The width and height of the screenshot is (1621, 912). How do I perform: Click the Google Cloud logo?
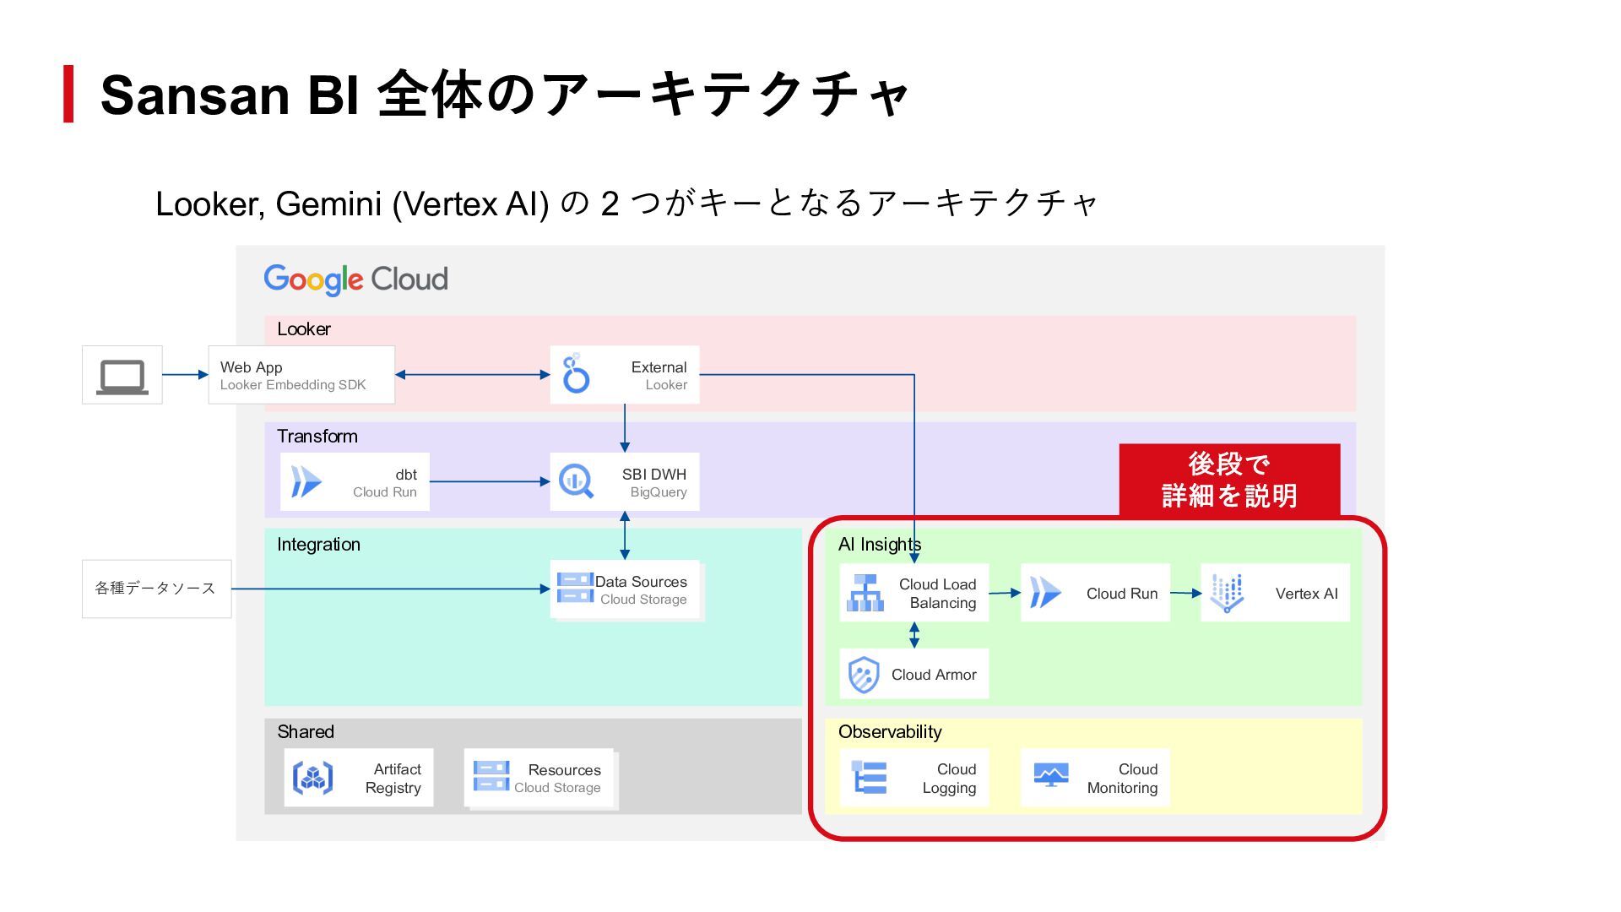(x=355, y=280)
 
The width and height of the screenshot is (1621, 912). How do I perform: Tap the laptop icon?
(x=122, y=377)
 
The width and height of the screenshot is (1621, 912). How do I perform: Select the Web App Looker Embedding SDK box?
(x=301, y=375)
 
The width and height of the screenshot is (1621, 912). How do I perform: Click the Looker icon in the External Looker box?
(x=576, y=374)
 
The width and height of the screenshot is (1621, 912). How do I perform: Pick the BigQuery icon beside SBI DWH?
(x=576, y=482)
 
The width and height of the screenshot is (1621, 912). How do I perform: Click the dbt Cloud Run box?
(x=355, y=482)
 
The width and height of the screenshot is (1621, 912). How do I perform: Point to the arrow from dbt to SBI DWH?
(x=490, y=481)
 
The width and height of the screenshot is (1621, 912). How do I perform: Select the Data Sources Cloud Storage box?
(x=626, y=590)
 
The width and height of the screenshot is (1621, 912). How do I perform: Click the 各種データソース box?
(x=156, y=589)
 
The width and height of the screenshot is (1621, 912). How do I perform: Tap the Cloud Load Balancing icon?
(x=865, y=593)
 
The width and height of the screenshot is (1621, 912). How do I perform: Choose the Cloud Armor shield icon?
(x=864, y=675)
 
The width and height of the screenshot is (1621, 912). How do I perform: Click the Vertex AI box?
(x=1275, y=593)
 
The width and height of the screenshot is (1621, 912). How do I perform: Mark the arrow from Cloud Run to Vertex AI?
(x=1185, y=593)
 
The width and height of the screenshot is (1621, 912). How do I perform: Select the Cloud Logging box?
(x=914, y=778)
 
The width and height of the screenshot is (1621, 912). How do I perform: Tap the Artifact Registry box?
(x=359, y=778)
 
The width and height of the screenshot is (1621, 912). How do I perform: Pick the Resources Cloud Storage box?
(x=540, y=779)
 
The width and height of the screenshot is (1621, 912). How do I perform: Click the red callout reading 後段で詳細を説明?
(x=1229, y=480)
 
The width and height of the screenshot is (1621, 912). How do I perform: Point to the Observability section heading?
(x=890, y=732)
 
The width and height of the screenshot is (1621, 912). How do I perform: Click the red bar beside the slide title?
(x=68, y=94)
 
